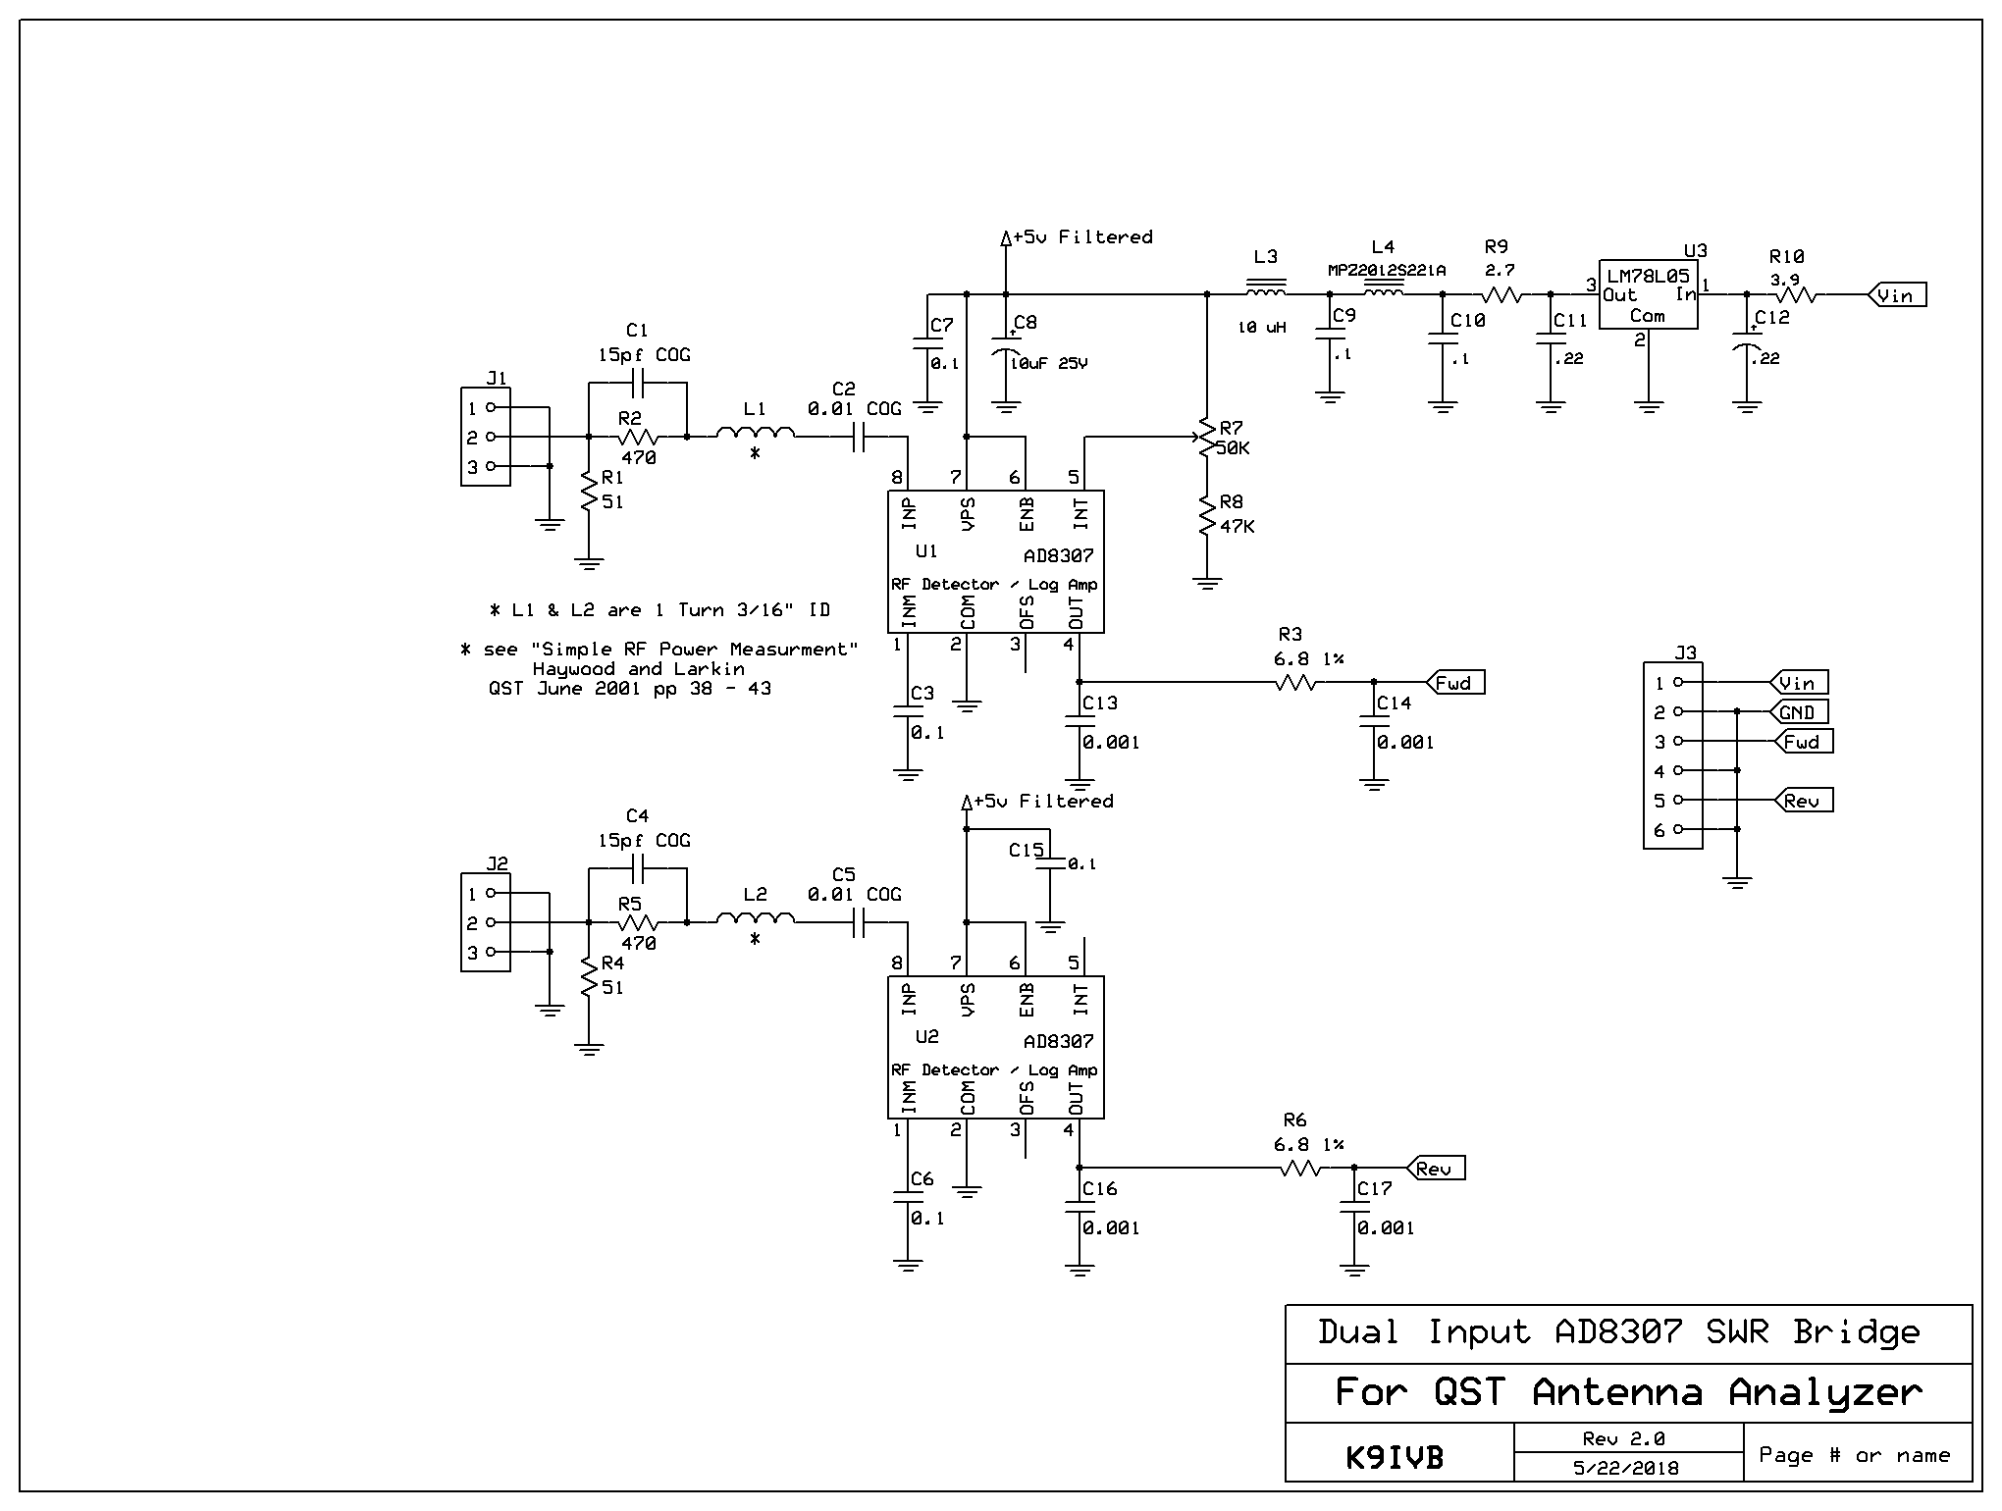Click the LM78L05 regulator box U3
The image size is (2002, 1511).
(1648, 294)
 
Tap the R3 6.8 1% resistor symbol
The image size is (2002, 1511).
(1295, 682)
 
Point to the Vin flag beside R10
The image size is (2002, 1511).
(1896, 295)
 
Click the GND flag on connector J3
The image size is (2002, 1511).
(1798, 712)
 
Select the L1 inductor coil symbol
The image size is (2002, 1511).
(755, 433)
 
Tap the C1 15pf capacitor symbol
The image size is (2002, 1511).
(637, 383)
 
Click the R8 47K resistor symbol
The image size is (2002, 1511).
(1207, 515)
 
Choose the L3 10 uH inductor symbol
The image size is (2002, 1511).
(1266, 291)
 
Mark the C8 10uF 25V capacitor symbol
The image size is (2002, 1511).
(1005, 353)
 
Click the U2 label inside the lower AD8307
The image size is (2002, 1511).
(926, 1037)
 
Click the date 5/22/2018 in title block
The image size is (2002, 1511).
(1626, 1469)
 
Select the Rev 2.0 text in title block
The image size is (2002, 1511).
(1623, 1439)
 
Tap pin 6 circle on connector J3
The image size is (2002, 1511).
(1678, 830)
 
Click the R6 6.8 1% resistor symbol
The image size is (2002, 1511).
(1301, 1168)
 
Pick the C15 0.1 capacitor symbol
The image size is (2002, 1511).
(1050, 863)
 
